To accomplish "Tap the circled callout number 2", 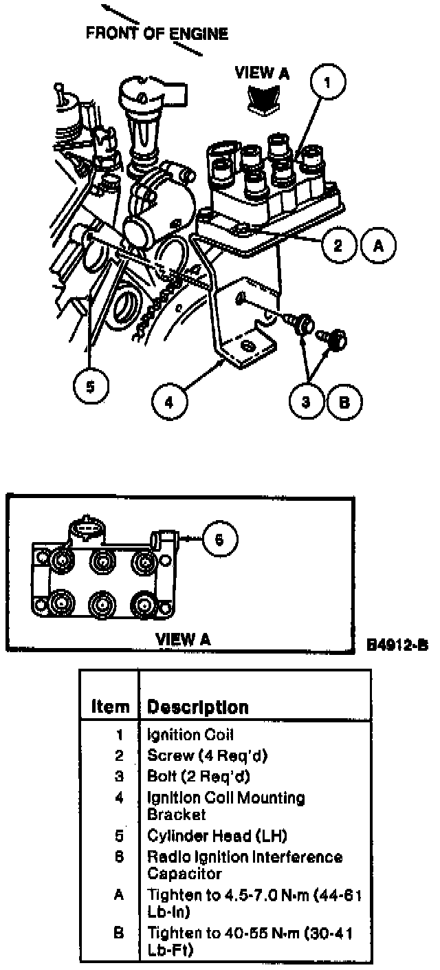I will pyautogui.click(x=338, y=246).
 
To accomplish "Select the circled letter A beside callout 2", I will pyautogui.click(x=375, y=246).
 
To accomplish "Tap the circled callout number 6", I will pyautogui.click(x=219, y=539).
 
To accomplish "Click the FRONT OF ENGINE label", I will pyautogui.click(x=157, y=34).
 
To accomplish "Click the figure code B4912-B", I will pyautogui.click(x=397, y=645).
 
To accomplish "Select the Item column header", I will pyautogui.click(x=110, y=707).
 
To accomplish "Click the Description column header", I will pyautogui.click(x=198, y=707).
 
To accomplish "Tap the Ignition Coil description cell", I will pyautogui.click(x=190, y=735).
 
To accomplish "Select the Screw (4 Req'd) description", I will pyautogui.click(x=207, y=755).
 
